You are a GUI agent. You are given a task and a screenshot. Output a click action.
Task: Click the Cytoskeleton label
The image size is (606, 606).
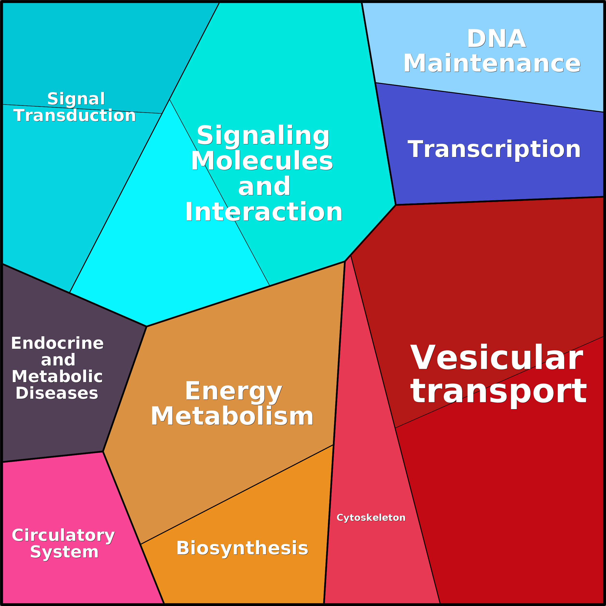pyautogui.click(x=371, y=517)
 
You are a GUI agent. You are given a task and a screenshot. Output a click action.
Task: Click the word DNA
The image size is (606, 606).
pyautogui.click(x=496, y=39)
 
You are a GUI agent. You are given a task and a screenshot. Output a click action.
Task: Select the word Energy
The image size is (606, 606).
pyautogui.click(x=234, y=391)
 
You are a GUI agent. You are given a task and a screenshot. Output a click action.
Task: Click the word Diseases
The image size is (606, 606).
pyautogui.click(x=57, y=393)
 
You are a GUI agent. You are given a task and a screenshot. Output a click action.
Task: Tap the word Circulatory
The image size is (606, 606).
pyautogui.click(x=63, y=535)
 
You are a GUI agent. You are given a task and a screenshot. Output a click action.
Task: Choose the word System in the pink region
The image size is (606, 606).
pyautogui.click(x=64, y=552)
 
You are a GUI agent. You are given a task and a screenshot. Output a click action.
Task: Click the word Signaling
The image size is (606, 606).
pyautogui.click(x=263, y=136)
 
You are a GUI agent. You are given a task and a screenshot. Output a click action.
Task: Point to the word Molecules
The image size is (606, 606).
pyautogui.click(x=262, y=161)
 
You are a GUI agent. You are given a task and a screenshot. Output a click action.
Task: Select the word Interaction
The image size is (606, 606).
pyautogui.click(x=264, y=212)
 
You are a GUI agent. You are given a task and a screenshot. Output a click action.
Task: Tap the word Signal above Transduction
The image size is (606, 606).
pyautogui.click(x=76, y=99)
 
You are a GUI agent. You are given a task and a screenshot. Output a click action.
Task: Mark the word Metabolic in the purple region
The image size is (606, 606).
pyautogui.click(x=57, y=376)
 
